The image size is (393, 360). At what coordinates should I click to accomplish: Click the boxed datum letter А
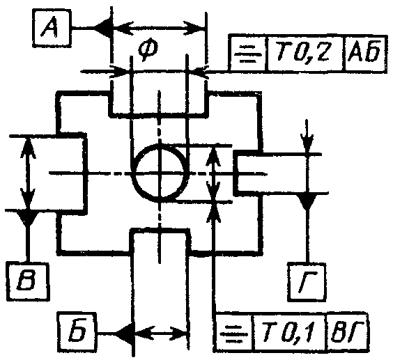coord(52,28)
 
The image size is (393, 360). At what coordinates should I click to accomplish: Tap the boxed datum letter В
coord(27,281)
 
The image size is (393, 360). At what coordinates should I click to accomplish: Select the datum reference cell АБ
coord(365,53)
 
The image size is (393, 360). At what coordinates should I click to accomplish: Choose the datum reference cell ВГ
coord(346,332)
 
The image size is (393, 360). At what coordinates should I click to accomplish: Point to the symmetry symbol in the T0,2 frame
coord(247,54)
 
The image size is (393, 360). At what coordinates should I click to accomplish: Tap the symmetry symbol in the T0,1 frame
coord(233,334)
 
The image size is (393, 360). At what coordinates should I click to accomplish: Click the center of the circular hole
coord(160,173)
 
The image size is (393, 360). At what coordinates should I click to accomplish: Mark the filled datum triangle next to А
coord(102,28)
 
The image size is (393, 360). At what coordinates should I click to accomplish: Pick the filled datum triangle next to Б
coord(124,334)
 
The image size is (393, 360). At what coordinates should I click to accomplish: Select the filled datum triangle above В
coord(28,217)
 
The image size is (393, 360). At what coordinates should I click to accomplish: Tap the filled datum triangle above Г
coord(307,201)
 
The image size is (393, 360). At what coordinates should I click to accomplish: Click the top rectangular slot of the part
coord(158,102)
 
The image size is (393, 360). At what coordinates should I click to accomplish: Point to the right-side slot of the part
coord(248,173)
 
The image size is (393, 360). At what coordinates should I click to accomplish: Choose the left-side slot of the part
coord(72,173)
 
